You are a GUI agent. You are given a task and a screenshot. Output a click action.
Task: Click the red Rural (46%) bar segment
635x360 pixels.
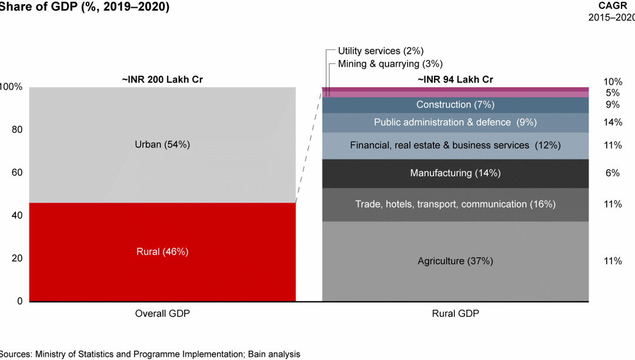pos(162,252)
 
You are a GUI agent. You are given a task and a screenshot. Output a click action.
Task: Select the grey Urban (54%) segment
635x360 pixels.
pos(162,145)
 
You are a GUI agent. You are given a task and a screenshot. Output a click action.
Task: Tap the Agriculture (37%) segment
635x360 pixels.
pos(455,261)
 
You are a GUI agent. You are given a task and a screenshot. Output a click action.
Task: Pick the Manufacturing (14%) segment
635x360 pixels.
pos(455,173)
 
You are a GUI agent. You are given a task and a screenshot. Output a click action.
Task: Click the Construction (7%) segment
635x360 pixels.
pos(455,105)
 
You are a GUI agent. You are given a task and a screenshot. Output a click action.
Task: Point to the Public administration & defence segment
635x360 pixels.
pos(455,122)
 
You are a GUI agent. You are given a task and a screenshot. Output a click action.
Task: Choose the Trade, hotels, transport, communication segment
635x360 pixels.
pos(455,204)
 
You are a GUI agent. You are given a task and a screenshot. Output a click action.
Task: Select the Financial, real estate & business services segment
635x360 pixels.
pos(455,145)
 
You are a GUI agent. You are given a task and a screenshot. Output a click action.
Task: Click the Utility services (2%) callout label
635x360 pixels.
pos(380,51)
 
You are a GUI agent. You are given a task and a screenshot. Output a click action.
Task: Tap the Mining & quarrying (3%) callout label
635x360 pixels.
pos(390,64)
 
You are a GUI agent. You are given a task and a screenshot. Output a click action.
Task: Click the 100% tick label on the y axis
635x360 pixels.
pos(11,87)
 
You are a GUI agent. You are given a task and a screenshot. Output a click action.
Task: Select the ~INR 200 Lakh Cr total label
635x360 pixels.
pos(162,79)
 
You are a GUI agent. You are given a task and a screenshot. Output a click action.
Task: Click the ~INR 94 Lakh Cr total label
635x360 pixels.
pos(455,79)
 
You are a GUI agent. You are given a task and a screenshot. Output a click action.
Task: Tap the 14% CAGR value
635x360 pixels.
pos(612,122)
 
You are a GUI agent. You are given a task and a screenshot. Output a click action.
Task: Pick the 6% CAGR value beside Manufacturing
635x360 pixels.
pos(612,173)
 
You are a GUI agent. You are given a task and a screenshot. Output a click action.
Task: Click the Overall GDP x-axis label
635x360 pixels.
pos(162,314)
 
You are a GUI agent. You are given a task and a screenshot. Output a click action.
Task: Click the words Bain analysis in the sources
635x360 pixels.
pos(273,354)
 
